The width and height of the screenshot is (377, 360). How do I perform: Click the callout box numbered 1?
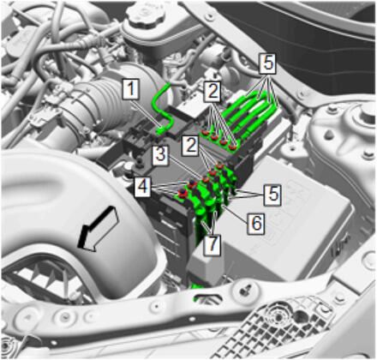click(x=131, y=90)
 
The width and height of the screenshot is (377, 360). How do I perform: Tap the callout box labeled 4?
click(x=143, y=187)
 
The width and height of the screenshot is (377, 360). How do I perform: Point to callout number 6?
click(x=256, y=223)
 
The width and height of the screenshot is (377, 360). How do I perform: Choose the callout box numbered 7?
click(x=212, y=243)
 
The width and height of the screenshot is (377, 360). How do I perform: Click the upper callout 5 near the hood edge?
click(x=267, y=63)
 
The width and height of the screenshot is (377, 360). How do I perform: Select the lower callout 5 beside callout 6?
click(x=272, y=195)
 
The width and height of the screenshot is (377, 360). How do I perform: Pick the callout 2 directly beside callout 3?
click(x=190, y=146)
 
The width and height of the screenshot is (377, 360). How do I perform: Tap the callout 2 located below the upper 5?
click(x=212, y=92)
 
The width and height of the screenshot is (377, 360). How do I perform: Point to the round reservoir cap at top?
click(x=147, y=15)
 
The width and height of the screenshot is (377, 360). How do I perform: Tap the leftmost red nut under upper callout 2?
click(x=205, y=132)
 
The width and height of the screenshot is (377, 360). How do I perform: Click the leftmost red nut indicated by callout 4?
click(x=182, y=193)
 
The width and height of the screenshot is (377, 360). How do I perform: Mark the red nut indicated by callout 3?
click(x=205, y=180)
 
